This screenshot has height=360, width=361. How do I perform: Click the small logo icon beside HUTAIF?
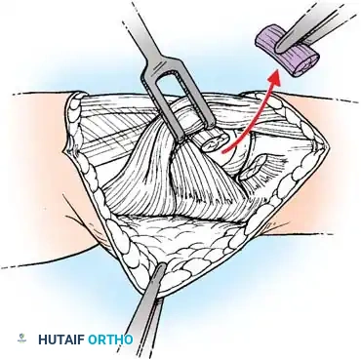[22, 340]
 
